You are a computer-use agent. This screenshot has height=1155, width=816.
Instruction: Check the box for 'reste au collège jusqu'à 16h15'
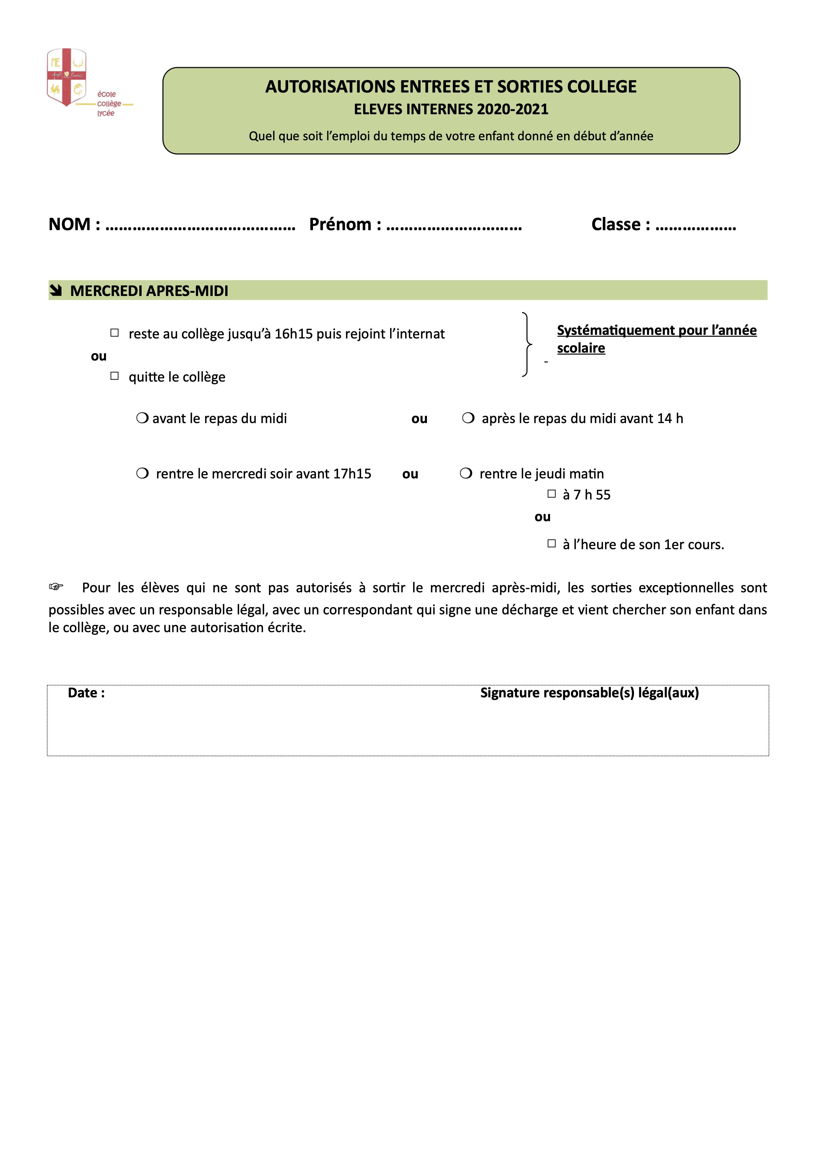pyautogui.click(x=115, y=333)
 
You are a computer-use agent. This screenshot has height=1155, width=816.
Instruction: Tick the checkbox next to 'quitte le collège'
pyautogui.click(x=115, y=376)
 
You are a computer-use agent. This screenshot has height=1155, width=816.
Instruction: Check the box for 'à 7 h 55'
pyautogui.click(x=552, y=494)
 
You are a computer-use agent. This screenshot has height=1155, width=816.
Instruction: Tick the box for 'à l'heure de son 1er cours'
pyautogui.click(x=552, y=543)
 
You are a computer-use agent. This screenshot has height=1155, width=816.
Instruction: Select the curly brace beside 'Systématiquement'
pyautogui.click(x=526, y=345)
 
